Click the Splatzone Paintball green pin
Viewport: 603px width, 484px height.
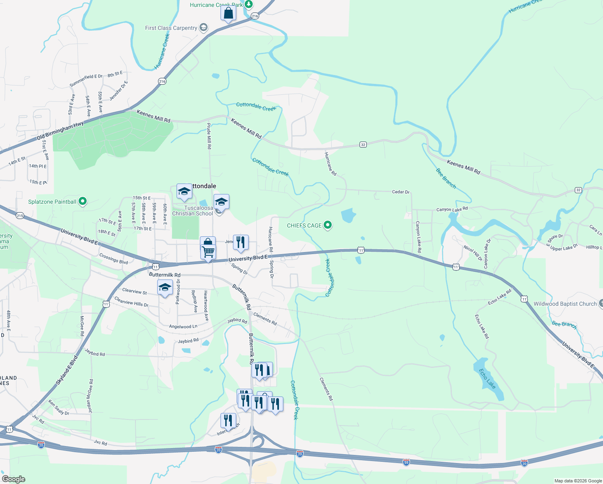83,201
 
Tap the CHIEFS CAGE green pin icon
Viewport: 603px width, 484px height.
328,225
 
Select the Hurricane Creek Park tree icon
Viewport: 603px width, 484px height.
249,4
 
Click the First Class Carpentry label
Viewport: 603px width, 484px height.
171,28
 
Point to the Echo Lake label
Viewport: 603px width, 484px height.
487,378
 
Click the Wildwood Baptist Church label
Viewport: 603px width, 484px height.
565,304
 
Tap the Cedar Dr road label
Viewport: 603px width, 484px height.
401,192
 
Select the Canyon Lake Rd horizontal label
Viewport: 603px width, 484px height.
452,209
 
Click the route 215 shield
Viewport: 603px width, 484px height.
20,216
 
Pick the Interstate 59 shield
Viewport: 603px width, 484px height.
406,463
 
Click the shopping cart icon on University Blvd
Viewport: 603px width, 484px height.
208,252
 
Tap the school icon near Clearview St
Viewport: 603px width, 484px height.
165,288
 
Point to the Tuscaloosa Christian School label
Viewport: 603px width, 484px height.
193,211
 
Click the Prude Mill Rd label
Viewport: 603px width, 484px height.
209,136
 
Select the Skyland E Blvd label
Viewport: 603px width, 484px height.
67,370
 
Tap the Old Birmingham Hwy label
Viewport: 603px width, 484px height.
60,131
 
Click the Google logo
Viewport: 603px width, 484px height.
13,479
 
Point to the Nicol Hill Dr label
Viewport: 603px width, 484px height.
473,253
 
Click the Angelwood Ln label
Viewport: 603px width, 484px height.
183,327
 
